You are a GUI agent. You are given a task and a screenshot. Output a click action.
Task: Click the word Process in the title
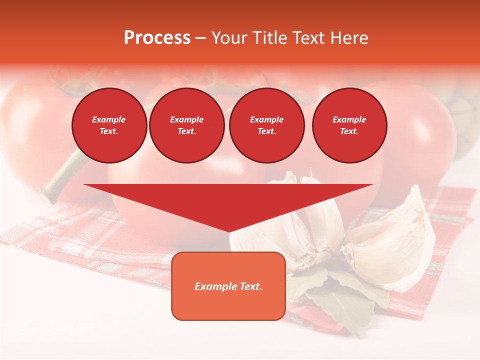coord(157,38)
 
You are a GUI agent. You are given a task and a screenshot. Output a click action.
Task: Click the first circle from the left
coord(109,125)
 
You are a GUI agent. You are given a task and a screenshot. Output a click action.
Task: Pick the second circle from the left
coord(186,125)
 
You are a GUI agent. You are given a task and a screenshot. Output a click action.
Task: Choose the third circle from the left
coord(266,125)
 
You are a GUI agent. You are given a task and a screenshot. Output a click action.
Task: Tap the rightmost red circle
coord(349,125)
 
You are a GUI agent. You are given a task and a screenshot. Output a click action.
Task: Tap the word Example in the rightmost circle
coord(349,119)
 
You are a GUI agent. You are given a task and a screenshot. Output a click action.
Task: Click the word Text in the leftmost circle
coord(108,131)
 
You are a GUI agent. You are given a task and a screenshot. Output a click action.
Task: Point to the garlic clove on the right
coord(395,240)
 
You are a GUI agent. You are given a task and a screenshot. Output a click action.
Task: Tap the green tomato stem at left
coord(62,172)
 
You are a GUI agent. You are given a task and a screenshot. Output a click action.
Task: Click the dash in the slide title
coord(201,38)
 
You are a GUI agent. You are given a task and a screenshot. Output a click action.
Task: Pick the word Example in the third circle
coord(266,119)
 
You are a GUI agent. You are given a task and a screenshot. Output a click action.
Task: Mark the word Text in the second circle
coord(186,131)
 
